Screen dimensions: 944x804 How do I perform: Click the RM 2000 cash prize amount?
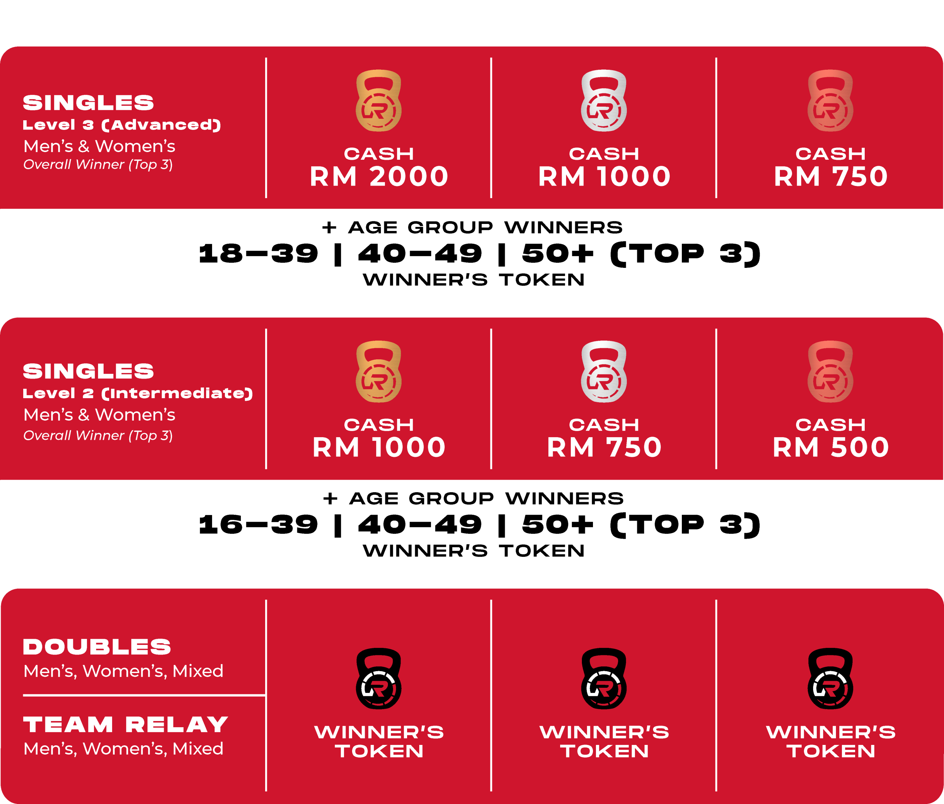click(379, 176)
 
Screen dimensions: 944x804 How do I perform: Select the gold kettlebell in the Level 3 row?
click(378, 101)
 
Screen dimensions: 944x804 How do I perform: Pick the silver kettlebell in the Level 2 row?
click(604, 372)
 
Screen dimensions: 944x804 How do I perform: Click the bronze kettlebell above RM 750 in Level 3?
click(830, 101)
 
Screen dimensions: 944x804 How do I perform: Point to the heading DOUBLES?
click(97, 647)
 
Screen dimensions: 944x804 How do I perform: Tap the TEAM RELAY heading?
click(126, 724)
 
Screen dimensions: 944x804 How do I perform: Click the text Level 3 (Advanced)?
click(122, 125)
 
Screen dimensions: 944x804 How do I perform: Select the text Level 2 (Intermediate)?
click(138, 393)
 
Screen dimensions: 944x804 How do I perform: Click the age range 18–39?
click(258, 253)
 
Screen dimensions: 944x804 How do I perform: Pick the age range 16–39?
click(258, 525)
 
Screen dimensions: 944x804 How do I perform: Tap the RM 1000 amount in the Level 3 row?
click(604, 176)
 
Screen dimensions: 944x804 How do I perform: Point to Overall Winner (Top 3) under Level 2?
click(98, 435)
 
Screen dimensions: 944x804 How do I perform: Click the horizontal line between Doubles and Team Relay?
click(144, 695)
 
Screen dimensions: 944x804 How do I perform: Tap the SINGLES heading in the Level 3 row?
click(88, 103)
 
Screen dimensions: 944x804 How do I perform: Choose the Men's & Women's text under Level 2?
click(99, 415)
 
